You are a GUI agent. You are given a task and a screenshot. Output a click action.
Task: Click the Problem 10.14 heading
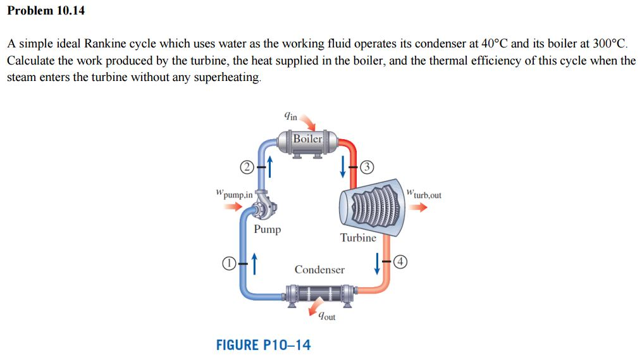pyautogui.click(x=46, y=11)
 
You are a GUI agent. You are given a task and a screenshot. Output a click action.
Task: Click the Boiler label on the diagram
pyautogui.click(x=307, y=139)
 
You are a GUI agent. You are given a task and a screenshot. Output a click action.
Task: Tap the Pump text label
pyautogui.click(x=268, y=230)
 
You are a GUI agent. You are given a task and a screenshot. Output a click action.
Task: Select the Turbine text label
pyautogui.click(x=358, y=238)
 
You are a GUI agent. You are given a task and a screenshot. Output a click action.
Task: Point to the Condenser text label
pyautogui.click(x=319, y=270)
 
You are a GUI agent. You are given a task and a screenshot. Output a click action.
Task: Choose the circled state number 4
pyautogui.click(x=402, y=261)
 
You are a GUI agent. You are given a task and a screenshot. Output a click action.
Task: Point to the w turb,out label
pyautogui.click(x=424, y=194)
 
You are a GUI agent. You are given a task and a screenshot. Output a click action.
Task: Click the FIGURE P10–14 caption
pyautogui.click(x=264, y=345)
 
